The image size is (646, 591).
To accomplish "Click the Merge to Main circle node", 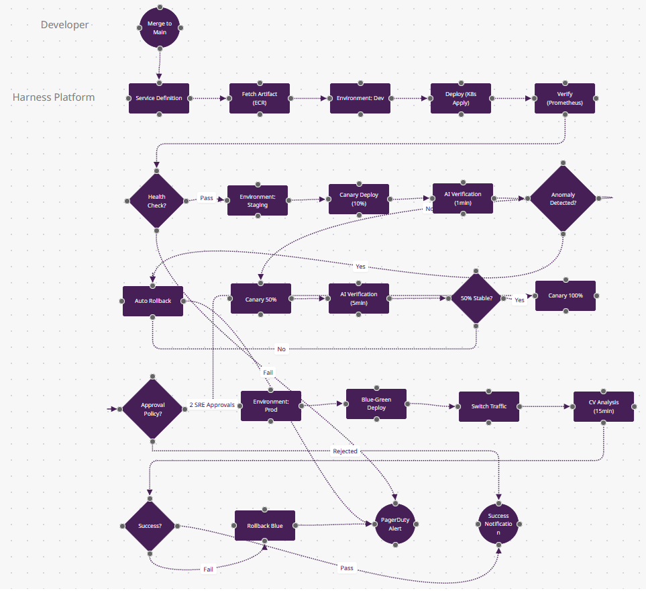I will [x=160, y=28].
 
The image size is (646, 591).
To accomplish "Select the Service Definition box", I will [x=159, y=98].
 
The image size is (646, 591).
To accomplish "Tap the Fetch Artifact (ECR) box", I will [x=260, y=98].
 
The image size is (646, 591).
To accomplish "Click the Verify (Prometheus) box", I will [x=564, y=98].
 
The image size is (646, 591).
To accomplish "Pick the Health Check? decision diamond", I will [x=156, y=200].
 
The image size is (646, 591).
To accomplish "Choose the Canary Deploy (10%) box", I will [x=359, y=199].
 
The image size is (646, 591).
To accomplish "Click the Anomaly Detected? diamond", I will [x=563, y=199].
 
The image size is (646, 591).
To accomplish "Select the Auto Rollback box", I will [x=153, y=301].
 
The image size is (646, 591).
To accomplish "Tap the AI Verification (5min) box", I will [x=359, y=298].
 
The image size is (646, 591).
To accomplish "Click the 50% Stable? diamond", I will [x=476, y=298].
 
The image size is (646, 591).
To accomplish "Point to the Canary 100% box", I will [x=565, y=295].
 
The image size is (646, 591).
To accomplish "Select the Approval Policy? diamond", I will [x=152, y=409].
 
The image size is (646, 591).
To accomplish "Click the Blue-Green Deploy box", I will [x=376, y=404].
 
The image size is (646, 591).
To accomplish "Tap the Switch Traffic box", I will [x=489, y=406].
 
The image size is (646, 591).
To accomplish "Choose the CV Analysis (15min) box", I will [x=603, y=406].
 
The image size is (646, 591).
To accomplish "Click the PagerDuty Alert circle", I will [x=394, y=524].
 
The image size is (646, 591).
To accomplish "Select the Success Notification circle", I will [x=498, y=524].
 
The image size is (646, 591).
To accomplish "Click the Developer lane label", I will [x=64, y=25].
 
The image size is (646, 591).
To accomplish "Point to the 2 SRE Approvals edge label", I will [x=211, y=405].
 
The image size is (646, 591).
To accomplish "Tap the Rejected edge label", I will [x=345, y=451].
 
